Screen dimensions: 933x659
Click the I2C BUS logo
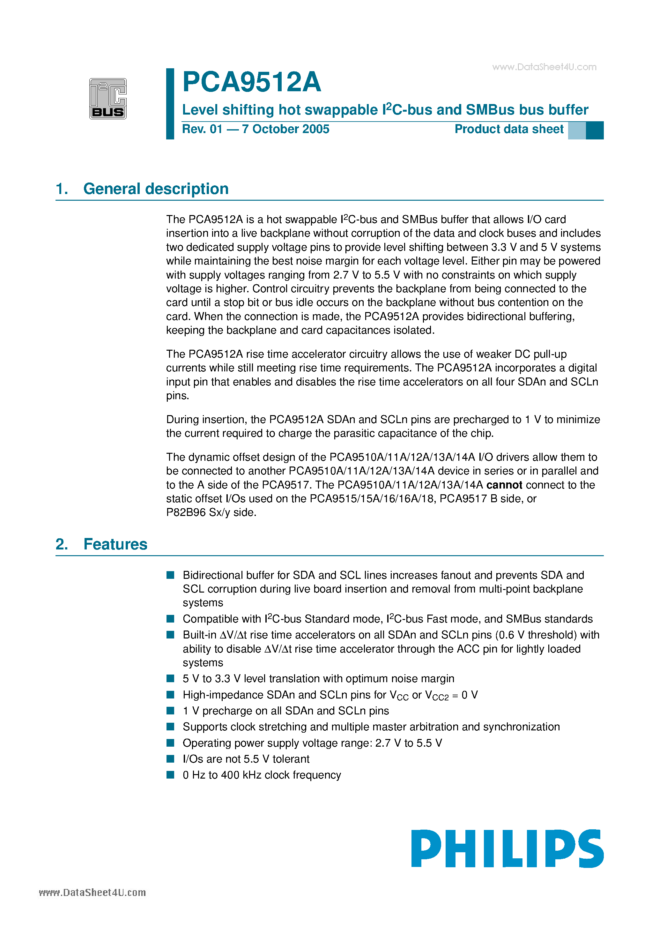108,99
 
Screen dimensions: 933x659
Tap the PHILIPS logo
507,848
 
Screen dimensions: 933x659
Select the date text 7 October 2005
285,129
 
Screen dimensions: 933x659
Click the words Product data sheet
509,129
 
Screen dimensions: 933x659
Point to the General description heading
156,189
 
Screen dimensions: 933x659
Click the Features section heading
115,544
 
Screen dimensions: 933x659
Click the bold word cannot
504,485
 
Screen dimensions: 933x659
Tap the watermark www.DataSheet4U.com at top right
544,67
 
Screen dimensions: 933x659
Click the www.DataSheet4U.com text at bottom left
92,892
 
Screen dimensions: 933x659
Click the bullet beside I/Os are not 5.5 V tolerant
170,759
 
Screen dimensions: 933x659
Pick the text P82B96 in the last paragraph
186,512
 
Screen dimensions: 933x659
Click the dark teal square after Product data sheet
594,131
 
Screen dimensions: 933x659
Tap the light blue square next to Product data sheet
576,131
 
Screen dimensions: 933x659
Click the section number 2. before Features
62,544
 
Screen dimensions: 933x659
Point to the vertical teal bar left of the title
170,104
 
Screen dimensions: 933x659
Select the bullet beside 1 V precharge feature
170,711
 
